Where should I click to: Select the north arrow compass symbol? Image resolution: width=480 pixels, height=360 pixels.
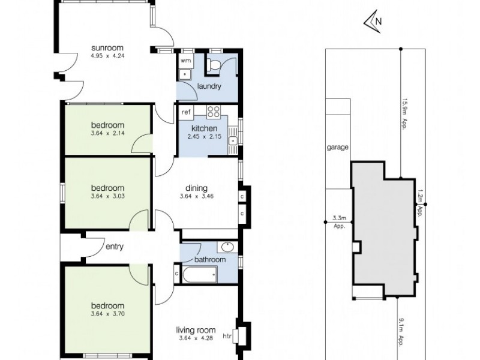[x=373, y=22]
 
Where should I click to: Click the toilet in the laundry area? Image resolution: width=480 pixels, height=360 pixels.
[x=214, y=65]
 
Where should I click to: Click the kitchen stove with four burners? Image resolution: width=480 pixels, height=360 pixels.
[x=214, y=112]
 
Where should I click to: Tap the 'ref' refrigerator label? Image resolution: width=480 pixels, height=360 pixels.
[x=186, y=112]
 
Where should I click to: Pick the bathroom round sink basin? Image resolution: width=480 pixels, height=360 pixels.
[x=227, y=247]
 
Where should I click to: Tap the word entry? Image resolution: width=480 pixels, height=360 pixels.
[x=114, y=246]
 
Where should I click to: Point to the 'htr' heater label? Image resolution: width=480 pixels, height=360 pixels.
[x=226, y=336]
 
